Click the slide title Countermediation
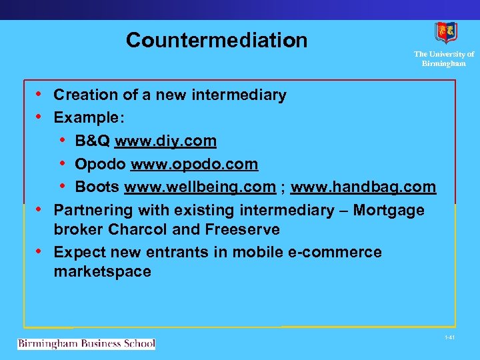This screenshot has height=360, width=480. click(x=217, y=41)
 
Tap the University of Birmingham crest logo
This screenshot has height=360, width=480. click(x=446, y=33)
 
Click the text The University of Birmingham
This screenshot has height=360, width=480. click(x=444, y=59)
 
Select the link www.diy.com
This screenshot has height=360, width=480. click(x=166, y=141)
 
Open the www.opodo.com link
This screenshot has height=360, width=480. click(x=195, y=164)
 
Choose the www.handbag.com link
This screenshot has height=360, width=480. click(x=363, y=187)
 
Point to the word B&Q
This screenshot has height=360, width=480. click(x=93, y=141)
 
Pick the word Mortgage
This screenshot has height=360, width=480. click(x=389, y=211)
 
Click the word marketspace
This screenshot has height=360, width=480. click(x=102, y=272)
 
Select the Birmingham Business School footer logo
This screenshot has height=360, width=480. click(x=86, y=344)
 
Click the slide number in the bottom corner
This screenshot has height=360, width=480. click(x=449, y=339)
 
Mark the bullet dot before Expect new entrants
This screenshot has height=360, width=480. click(x=39, y=252)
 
